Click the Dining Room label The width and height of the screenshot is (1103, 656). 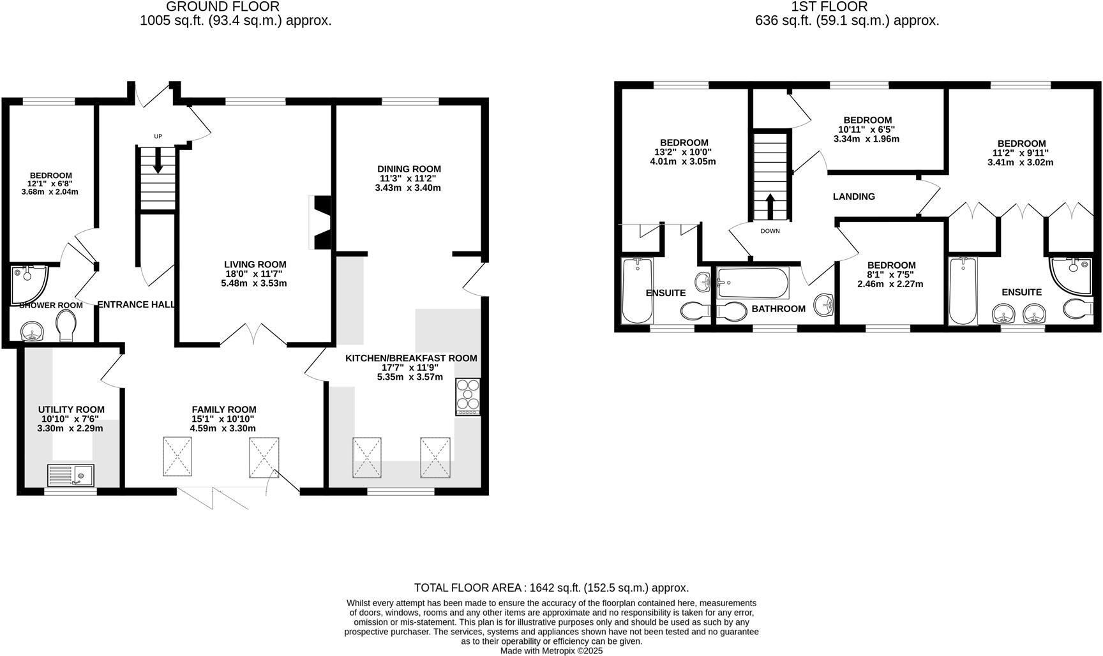409,169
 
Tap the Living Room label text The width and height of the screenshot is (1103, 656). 255,264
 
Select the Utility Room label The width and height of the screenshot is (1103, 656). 71,410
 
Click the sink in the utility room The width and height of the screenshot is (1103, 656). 71,475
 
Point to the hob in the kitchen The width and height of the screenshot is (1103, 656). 469,397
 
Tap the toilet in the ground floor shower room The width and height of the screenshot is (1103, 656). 65,327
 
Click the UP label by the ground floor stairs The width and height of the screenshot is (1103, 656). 158,137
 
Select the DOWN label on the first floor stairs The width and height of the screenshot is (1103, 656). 770,231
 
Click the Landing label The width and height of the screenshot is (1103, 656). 853,197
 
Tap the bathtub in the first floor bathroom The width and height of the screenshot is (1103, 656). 753,283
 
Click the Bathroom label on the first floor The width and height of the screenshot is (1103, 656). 778,309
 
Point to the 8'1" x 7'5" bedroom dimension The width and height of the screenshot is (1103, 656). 890,275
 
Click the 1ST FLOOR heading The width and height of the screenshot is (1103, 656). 829,7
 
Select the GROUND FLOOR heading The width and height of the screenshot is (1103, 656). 223,7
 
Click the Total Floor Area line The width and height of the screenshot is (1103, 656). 551,588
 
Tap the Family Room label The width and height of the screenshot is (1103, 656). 224,410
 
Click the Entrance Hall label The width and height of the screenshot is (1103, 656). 136,305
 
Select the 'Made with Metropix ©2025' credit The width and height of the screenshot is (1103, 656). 551,651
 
